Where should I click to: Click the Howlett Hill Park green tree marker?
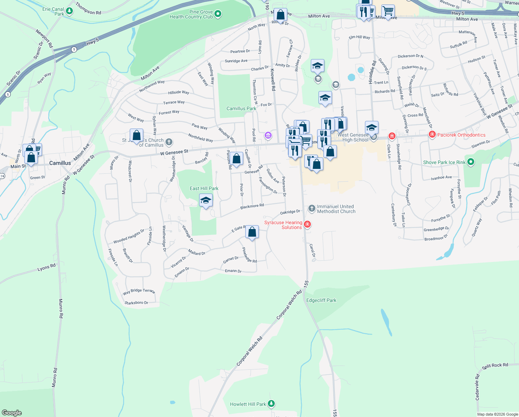[x=271, y=404]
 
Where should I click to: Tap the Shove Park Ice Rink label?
[x=444, y=162]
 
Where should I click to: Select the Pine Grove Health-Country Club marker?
[x=218, y=14]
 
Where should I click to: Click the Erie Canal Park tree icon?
[x=69, y=11]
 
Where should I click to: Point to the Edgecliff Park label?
[x=321, y=300]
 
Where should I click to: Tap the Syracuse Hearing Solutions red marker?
[x=307, y=224]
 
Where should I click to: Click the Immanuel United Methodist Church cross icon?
[x=312, y=208]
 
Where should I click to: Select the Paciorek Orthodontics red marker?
[x=432, y=134]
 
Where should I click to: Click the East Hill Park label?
[x=204, y=188]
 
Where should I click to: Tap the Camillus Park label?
[x=241, y=108]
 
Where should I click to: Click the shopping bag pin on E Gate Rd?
[x=252, y=232]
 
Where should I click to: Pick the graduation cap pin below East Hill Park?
[x=206, y=201]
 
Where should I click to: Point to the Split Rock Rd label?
[x=495, y=366]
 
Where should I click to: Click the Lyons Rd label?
[x=46, y=268]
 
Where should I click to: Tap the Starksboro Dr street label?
[x=136, y=303]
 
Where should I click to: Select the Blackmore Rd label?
[x=252, y=206]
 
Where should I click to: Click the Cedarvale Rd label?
[x=477, y=387]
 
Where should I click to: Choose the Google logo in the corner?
[x=11, y=412]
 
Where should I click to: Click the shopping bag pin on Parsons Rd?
[x=237, y=159]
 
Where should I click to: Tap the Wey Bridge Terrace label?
[x=139, y=291]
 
